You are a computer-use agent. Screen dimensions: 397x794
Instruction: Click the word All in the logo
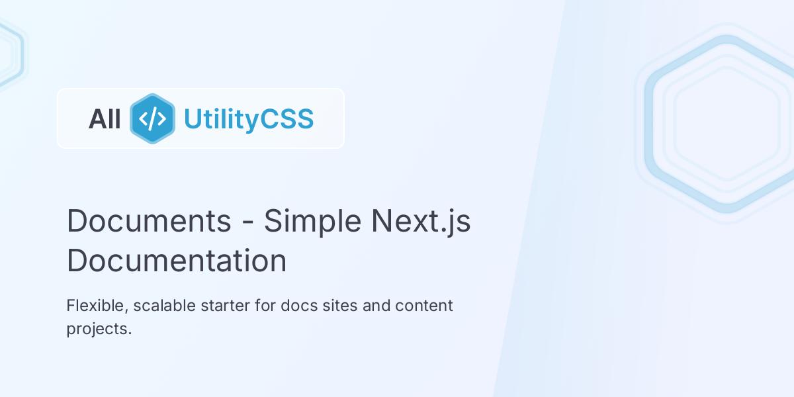105,119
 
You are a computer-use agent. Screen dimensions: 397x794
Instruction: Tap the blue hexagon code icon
153,119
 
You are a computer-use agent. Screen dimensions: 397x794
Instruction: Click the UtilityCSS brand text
248,119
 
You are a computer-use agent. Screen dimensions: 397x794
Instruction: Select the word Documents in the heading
149,221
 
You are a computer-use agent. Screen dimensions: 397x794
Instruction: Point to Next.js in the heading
421,221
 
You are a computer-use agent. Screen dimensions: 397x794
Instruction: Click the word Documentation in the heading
177,261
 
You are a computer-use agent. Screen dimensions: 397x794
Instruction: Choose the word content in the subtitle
424,306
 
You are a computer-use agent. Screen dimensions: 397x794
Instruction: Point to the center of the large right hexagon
727,124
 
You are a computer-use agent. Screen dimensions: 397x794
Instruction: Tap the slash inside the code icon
153,119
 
